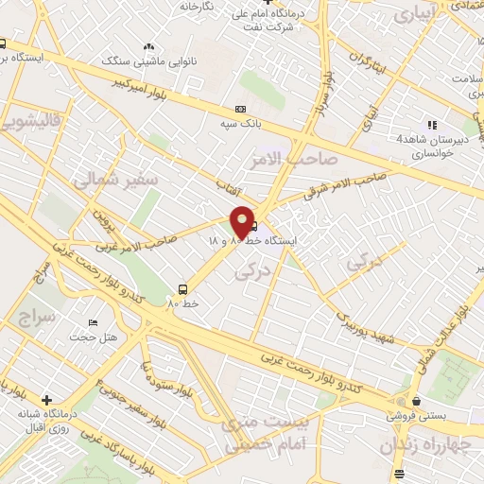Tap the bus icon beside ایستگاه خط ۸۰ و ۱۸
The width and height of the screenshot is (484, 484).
pyautogui.click(x=253, y=225)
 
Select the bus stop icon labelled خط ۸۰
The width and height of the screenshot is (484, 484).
pyautogui.click(x=181, y=289)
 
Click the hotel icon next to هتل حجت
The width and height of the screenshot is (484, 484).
pyautogui.click(x=93, y=322)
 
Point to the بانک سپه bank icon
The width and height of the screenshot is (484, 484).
pyautogui.click(x=240, y=109)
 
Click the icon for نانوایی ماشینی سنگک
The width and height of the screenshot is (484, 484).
pyautogui.click(x=147, y=46)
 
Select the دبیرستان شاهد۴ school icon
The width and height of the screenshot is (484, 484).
pyautogui.click(x=432, y=124)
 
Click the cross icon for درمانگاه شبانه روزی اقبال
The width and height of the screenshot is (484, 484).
pyautogui.click(x=46, y=400)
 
